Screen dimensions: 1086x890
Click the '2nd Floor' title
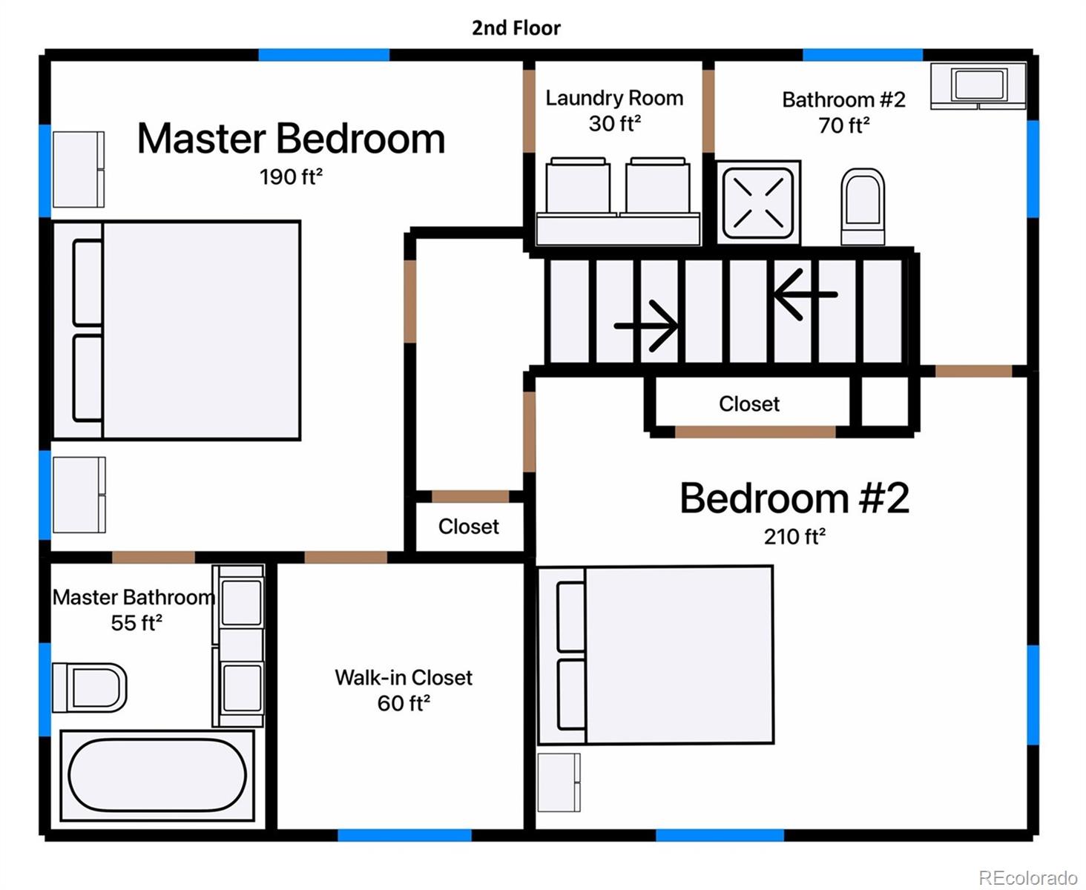[x=516, y=27]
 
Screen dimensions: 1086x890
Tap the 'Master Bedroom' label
[x=291, y=139]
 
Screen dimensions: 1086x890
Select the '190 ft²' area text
[x=291, y=177]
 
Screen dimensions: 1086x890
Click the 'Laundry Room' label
[x=614, y=98]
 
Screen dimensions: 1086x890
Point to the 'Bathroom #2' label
[x=843, y=100]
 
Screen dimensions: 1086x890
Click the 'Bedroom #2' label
[x=794, y=498]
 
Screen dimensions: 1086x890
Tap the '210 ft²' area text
[x=794, y=536]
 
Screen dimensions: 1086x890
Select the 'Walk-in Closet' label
[x=404, y=677]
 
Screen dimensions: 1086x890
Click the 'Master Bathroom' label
[x=134, y=597]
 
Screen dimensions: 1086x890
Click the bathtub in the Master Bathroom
[x=157, y=776]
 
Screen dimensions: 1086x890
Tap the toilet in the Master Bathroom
[x=90, y=688]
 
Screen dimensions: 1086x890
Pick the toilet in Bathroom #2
[x=863, y=207]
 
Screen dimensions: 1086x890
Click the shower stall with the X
[x=758, y=202]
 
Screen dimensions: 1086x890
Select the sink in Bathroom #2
[x=978, y=86]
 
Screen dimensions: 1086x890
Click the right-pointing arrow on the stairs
[x=645, y=326]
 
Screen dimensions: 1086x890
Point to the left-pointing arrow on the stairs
[x=805, y=294]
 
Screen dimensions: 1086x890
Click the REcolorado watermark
[x=1028, y=877]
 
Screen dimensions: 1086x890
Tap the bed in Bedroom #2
[x=655, y=656]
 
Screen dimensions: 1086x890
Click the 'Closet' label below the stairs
[x=748, y=404]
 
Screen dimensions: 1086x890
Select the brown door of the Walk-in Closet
[x=346, y=558]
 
